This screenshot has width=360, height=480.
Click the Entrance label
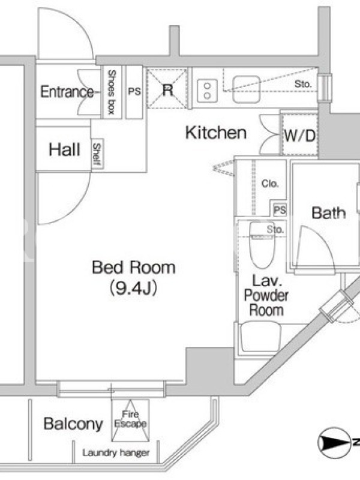pyautogui.click(x=67, y=92)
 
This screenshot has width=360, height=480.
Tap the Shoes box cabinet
pyautogui.click(x=112, y=92)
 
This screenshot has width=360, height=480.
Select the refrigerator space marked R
pyautogui.click(x=167, y=89)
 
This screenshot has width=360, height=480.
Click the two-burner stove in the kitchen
pyautogui.click(x=207, y=91)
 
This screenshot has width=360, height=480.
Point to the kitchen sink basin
pyautogui.click(x=247, y=89)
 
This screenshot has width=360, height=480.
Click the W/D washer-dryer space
pyautogui.click(x=299, y=134)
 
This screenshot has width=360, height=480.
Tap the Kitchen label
pyautogui.click(x=216, y=133)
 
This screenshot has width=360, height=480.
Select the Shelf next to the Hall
pyautogui.click(x=97, y=154)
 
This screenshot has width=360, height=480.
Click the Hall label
pyautogui.click(x=65, y=149)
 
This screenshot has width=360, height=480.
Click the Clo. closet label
pyautogui.click(x=270, y=184)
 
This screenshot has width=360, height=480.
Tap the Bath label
pyautogui.click(x=328, y=213)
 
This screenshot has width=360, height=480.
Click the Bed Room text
pyautogui.click(x=133, y=267)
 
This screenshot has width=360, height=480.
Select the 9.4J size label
pyautogui.click(x=133, y=287)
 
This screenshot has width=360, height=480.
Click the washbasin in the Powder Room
pyautogui.click(x=260, y=337)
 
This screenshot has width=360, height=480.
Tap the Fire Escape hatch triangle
pyautogui.click(x=130, y=421)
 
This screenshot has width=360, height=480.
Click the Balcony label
pyautogui.click(x=73, y=424)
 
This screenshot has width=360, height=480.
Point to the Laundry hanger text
pyautogui.click(x=116, y=453)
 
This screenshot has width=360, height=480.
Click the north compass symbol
pyautogui.click(x=334, y=442)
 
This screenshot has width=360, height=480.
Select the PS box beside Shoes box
pyautogui.click(x=134, y=92)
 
